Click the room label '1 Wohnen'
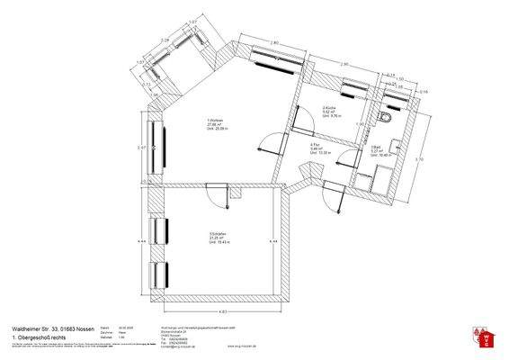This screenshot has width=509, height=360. pos(214,121)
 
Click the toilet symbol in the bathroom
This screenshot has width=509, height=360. pos(387,119)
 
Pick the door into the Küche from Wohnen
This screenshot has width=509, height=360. pos(293,118)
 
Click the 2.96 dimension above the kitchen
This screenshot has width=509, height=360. pos(344,64)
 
